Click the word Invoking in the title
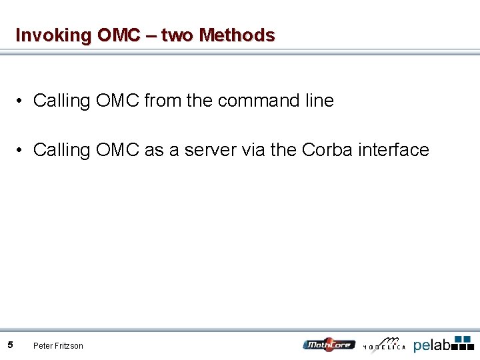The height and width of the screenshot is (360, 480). tap(53, 35)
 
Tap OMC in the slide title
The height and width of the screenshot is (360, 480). tap(118, 35)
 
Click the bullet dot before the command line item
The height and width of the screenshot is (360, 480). tap(22, 101)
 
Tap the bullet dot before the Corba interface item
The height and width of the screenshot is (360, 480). tap(22, 150)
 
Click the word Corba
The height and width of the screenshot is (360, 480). tap(327, 150)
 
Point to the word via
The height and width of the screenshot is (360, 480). tap(253, 150)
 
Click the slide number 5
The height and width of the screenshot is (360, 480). tap(11, 345)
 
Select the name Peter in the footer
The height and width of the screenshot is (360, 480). tap(43, 345)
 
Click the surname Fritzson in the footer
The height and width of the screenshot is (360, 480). tap(69, 345)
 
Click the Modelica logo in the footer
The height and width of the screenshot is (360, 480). tap(385, 343)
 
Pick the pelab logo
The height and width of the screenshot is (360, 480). tap(443, 343)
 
